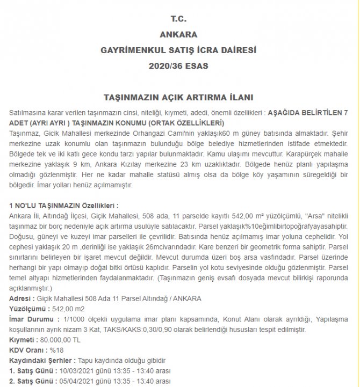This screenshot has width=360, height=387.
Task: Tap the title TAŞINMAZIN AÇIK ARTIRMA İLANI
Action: point(178,98)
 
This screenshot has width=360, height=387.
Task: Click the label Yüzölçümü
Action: point(28,309)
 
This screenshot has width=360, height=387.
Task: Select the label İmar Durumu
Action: point(31,320)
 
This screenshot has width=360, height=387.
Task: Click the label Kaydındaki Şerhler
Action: point(40,361)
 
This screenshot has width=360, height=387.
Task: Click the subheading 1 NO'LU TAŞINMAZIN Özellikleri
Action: point(64,205)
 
